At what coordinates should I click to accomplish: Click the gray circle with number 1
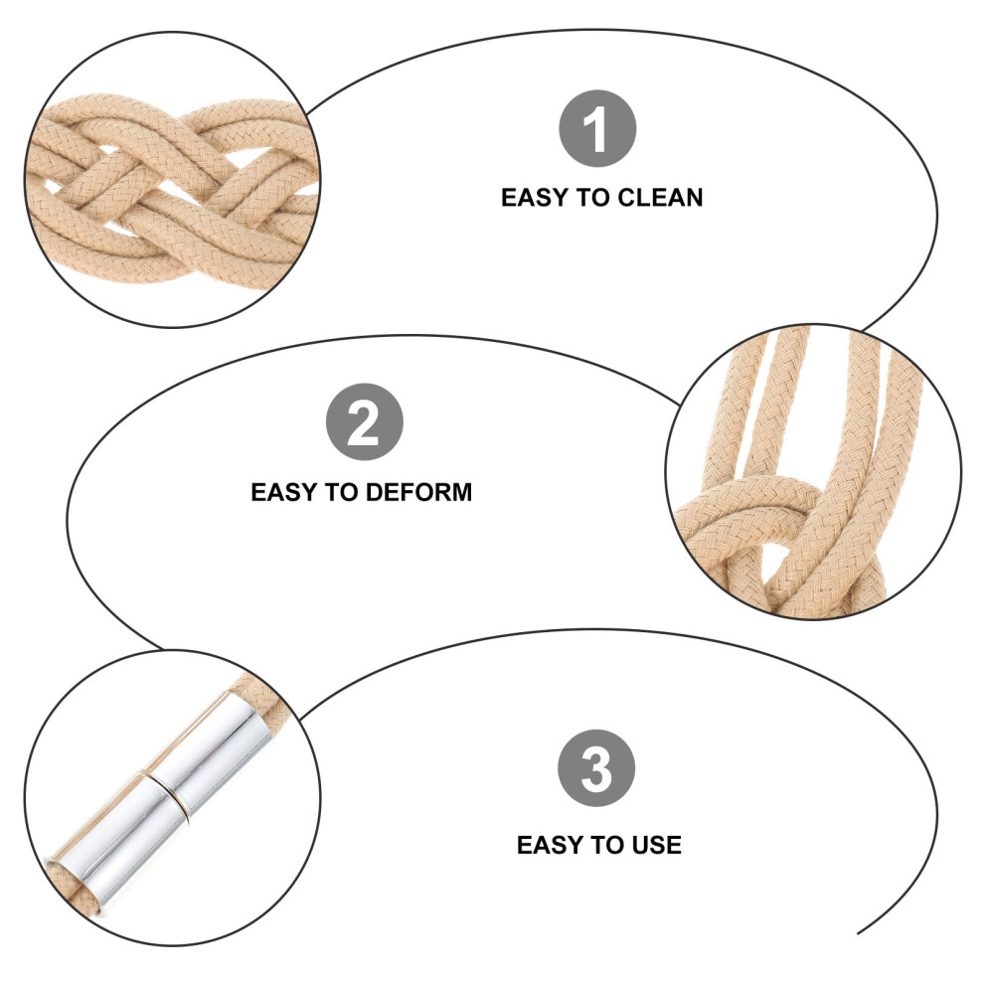(x=597, y=128)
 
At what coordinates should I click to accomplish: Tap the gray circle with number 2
(x=365, y=421)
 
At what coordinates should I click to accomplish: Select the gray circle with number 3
(x=596, y=768)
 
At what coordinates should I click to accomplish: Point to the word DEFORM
(x=418, y=492)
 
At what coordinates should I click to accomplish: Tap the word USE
(x=656, y=845)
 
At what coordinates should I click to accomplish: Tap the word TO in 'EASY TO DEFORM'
(x=342, y=492)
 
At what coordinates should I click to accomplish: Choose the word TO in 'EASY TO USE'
(x=608, y=845)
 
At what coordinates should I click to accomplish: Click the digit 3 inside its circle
(x=596, y=768)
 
